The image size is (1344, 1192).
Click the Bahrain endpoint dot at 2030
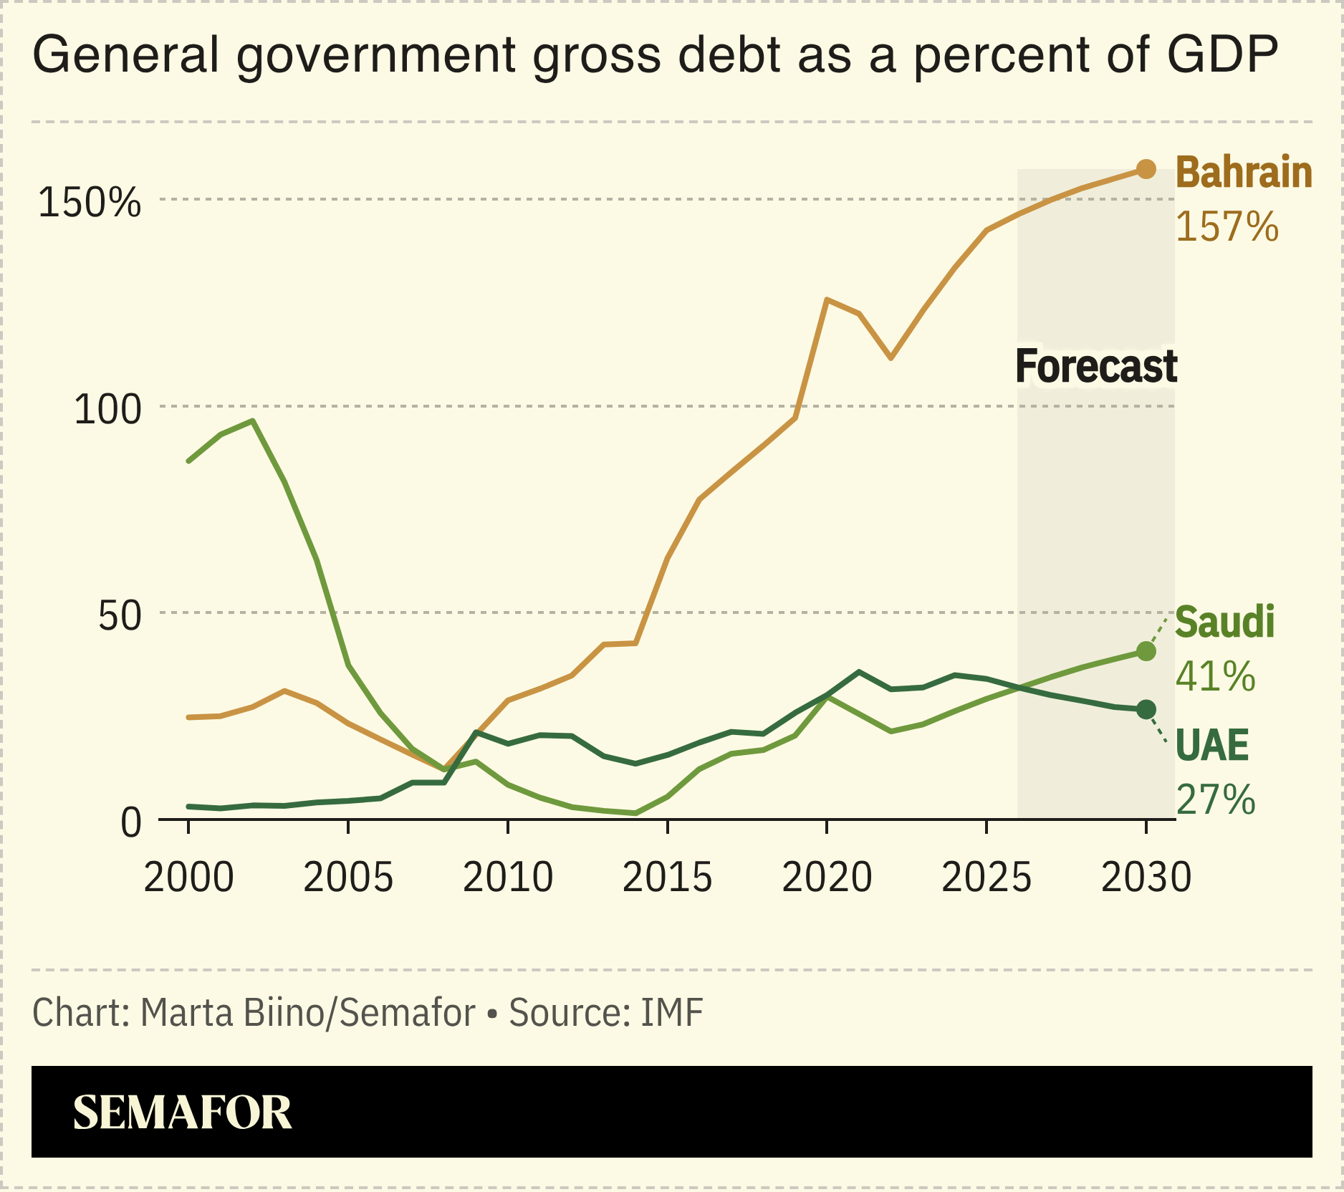coord(1146,169)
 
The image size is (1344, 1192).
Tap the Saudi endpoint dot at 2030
coord(1146,651)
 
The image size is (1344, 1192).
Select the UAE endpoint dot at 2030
coord(1146,709)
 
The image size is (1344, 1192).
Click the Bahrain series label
coord(1243,173)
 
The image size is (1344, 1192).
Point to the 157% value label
coord(1227,226)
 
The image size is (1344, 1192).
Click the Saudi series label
coord(1224,622)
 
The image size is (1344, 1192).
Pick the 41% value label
coord(1215,676)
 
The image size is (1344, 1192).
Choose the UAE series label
coord(1211,745)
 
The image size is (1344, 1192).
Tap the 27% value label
coord(1215,799)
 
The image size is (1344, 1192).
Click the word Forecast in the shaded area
coord(1095,366)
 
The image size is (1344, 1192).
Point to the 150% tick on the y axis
coord(90,202)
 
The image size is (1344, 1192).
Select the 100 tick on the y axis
coord(107,410)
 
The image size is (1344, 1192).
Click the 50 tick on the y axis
coord(120,616)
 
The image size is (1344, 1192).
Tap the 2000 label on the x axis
coord(188,878)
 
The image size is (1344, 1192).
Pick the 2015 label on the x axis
coord(667,878)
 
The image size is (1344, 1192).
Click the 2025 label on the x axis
coord(987,878)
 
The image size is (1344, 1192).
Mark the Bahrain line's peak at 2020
coord(827,299)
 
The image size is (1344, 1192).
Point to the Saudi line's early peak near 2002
coord(252,421)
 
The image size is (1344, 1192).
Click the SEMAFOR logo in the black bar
coord(182,1112)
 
